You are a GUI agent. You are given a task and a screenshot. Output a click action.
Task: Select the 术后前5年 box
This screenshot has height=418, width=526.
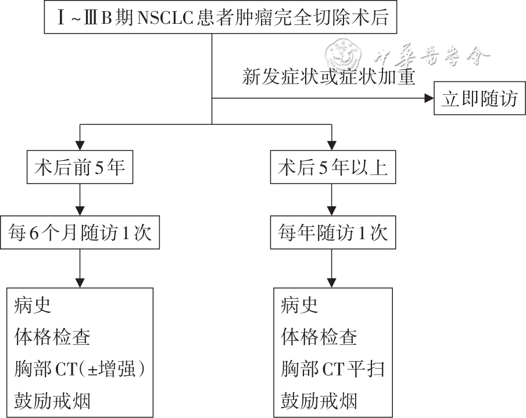[x=80, y=168]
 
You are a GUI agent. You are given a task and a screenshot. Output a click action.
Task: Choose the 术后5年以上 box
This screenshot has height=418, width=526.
[x=332, y=168]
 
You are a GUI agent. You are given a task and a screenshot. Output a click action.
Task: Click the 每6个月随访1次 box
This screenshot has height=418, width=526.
[x=80, y=233]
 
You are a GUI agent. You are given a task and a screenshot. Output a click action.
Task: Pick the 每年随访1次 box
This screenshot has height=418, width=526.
[x=332, y=233]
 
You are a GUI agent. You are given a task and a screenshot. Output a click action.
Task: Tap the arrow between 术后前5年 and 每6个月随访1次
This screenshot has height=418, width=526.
[x=80, y=200]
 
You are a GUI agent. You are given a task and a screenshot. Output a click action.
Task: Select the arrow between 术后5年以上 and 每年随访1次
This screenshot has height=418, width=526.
[x=332, y=200]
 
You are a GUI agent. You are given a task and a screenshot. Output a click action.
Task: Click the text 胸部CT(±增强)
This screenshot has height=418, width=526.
[x=79, y=369]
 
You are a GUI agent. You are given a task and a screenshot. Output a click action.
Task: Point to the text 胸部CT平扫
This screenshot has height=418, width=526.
[x=333, y=369]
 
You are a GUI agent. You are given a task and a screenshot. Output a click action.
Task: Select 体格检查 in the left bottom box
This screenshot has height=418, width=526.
[x=52, y=337]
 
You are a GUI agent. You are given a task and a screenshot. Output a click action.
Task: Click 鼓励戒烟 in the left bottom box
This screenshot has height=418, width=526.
[x=52, y=401]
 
